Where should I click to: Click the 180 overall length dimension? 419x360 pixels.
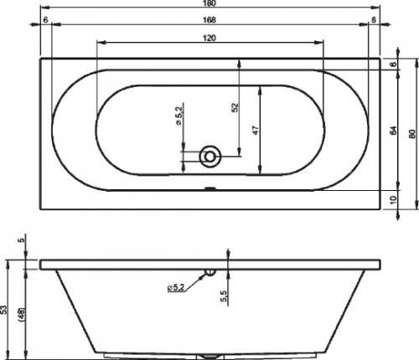(x=209, y=3)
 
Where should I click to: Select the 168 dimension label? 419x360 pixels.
(x=209, y=20)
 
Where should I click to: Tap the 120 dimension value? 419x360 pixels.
(x=209, y=38)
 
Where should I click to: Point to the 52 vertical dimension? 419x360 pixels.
(x=235, y=107)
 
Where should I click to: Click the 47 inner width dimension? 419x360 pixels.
(x=256, y=130)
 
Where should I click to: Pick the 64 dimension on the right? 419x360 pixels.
(x=393, y=130)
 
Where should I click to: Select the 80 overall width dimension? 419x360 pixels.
(x=411, y=134)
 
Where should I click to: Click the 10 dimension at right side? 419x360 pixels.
(x=393, y=200)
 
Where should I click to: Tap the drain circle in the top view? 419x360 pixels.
(x=210, y=157)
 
